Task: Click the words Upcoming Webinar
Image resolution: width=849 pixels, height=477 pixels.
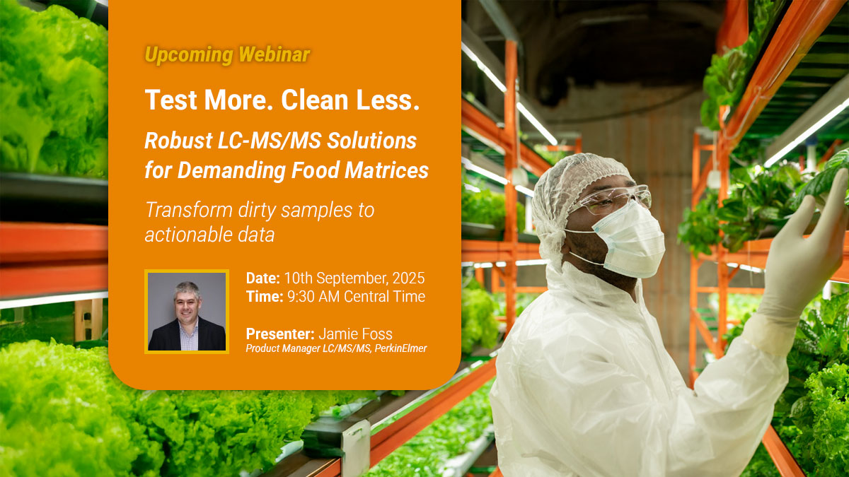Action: coord(227,54)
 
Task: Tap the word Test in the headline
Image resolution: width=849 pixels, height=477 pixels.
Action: coord(170,100)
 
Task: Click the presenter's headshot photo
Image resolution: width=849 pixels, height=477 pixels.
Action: coord(187,311)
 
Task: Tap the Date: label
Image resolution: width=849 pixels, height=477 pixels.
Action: coord(263,278)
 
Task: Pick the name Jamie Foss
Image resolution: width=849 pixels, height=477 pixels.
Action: coord(355,334)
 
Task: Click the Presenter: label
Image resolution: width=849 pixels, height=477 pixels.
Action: coord(280,334)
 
